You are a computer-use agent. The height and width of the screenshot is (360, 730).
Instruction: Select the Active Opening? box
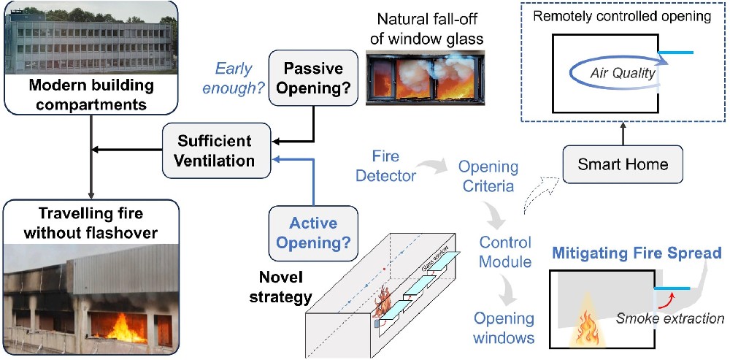point(313,233)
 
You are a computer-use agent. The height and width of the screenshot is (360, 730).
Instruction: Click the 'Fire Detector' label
point(389,166)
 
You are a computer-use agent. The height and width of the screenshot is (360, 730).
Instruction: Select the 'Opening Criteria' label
point(488,177)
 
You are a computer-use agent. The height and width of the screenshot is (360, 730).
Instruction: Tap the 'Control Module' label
point(509,251)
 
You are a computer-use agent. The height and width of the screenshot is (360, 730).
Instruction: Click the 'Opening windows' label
point(504,328)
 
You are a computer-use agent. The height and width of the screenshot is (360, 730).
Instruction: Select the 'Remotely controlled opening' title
point(622,17)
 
